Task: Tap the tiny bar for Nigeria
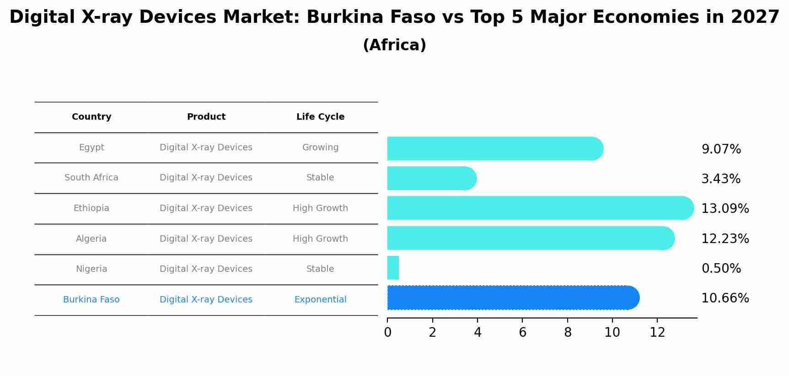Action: tap(393, 268)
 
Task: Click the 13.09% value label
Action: tap(725, 209)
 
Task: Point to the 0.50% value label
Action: tap(721, 269)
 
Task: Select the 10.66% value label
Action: tap(725, 298)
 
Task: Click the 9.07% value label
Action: tap(721, 149)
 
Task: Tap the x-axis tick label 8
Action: tap(568, 333)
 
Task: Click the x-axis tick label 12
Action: tap(657, 333)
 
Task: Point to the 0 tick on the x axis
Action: tap(388, 333)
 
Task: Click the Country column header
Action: tap(91, 117)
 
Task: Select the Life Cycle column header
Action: tap(320, 117)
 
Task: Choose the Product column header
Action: tap(206, 117)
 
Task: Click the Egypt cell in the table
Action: tap(91, 148)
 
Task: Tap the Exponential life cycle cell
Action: tap(320, 300)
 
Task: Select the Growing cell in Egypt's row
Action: tap(320, 148)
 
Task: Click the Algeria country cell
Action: tap(91, 239)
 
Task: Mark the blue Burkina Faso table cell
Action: tap(91, 300)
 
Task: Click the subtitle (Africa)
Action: tap(394, 45)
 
